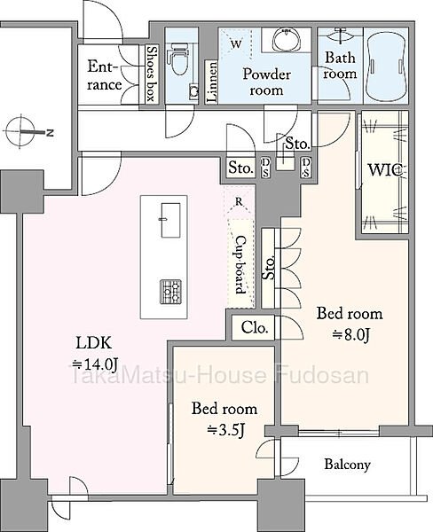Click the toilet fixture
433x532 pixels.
click(x=179, y=59)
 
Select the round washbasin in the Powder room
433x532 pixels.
click(x=286, y=39)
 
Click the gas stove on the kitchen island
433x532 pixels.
click(x=171, y=291)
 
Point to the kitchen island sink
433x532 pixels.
click(x=170, y=220)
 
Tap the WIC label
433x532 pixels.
click(x=386, y=169)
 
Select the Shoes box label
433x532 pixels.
click(x=151, y=74)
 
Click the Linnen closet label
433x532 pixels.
click(x=212, y=82)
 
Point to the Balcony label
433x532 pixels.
click(x=347, y=464)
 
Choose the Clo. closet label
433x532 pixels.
click(x=255, y=328)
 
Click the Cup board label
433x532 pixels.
click(x=240, y=264)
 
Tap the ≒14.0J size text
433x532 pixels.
click(x=94, y=364)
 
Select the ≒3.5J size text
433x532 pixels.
click(x=226, y=430)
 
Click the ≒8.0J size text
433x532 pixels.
click(x=350, y=335)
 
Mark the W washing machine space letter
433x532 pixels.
click(x=236, y=43)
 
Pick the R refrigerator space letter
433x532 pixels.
click(x=239, y=202)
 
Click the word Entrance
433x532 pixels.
click(x=105, y=75)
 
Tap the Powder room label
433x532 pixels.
click(x=266, y=82)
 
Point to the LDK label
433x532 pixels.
click(x=93, y=343)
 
